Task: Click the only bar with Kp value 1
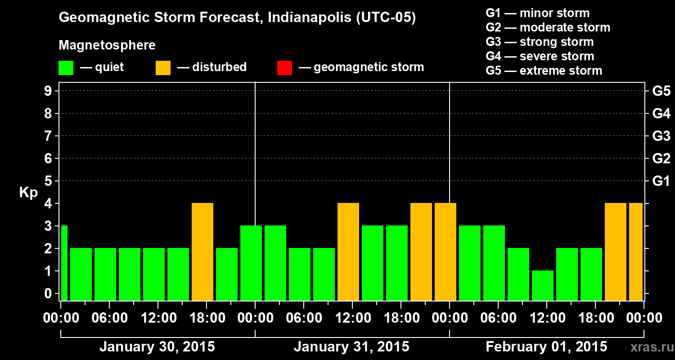542,285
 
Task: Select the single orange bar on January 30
202,252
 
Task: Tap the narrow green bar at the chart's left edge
64,263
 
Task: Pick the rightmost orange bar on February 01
635,252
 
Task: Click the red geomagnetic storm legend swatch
284,68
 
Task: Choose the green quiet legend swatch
66,68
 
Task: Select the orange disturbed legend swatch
163,68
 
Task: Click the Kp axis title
28,193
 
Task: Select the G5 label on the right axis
661,91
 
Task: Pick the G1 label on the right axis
661,181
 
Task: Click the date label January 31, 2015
351,347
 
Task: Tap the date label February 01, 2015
546,347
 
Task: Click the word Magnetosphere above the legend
107,45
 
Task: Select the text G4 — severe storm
540,56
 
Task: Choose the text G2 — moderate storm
548,27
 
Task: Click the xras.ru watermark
649,347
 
